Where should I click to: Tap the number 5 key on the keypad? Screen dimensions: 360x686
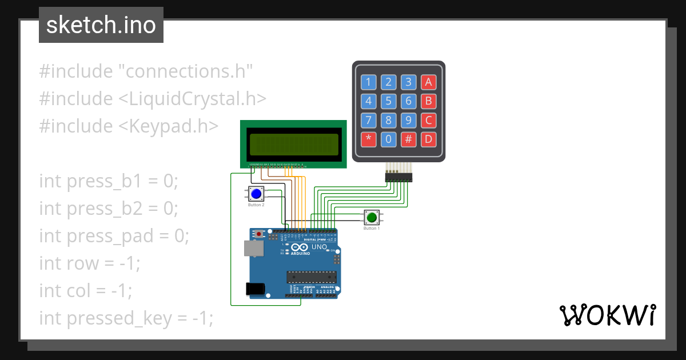[x=389, y=101]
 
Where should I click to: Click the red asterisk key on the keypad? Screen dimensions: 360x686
[x=369, y=138]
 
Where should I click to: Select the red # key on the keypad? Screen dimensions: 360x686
[x=408, y=138]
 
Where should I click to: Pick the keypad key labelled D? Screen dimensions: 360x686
[x=428, y=138]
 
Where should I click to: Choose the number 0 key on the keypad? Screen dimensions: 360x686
[x=389, y=138]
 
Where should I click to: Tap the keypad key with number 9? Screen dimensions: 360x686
[x=408, y=120]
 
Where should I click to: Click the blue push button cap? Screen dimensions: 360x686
[x=256, y=194]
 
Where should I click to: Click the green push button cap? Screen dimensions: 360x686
[x=372, y=218]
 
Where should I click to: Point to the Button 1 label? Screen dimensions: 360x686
[x=372, y=229]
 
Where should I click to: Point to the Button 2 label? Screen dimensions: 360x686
[x=256, y=205]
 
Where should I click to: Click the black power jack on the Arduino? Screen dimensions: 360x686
[x=256, y=289]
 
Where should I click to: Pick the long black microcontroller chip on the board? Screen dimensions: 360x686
[x=311, y=278]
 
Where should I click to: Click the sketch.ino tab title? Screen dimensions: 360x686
[x=101, y=25]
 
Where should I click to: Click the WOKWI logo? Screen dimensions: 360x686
[x=607, y=315]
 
